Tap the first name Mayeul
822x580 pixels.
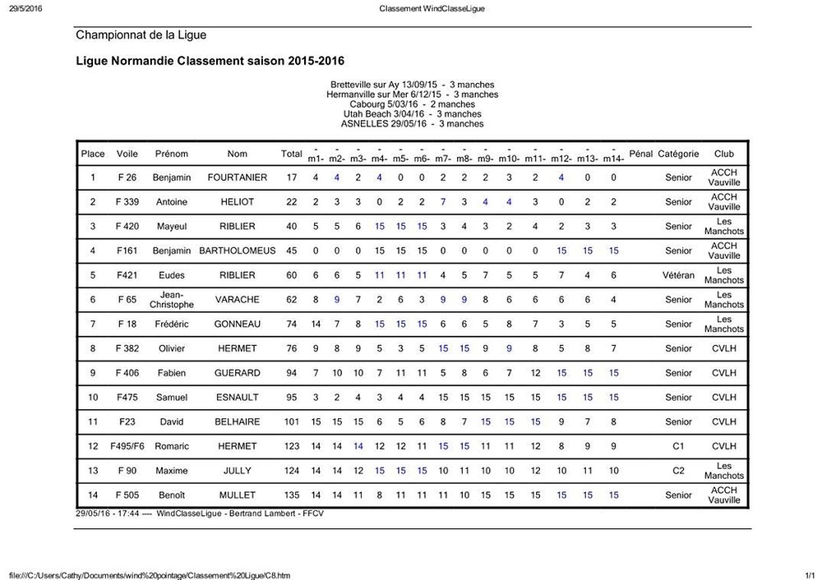click(x=172, y=226)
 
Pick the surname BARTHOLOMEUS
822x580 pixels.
click(x=237, y=251)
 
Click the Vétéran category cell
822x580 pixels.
click(x=678, y=275)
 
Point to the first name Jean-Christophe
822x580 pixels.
click(x=172, y=300)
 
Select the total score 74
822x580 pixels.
click(x=291, y=325)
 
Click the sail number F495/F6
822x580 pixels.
click(x=127, y=447)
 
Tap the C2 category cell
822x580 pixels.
click(x=678, y=471)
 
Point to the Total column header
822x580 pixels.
click(x=291, y=154)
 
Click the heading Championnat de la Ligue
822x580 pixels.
click(x=141, y=35)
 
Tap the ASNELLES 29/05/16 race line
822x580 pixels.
click(x=412, y=124)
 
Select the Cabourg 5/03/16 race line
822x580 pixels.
click(x=412, y=104)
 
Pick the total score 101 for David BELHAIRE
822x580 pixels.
click(x=291, y=422)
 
